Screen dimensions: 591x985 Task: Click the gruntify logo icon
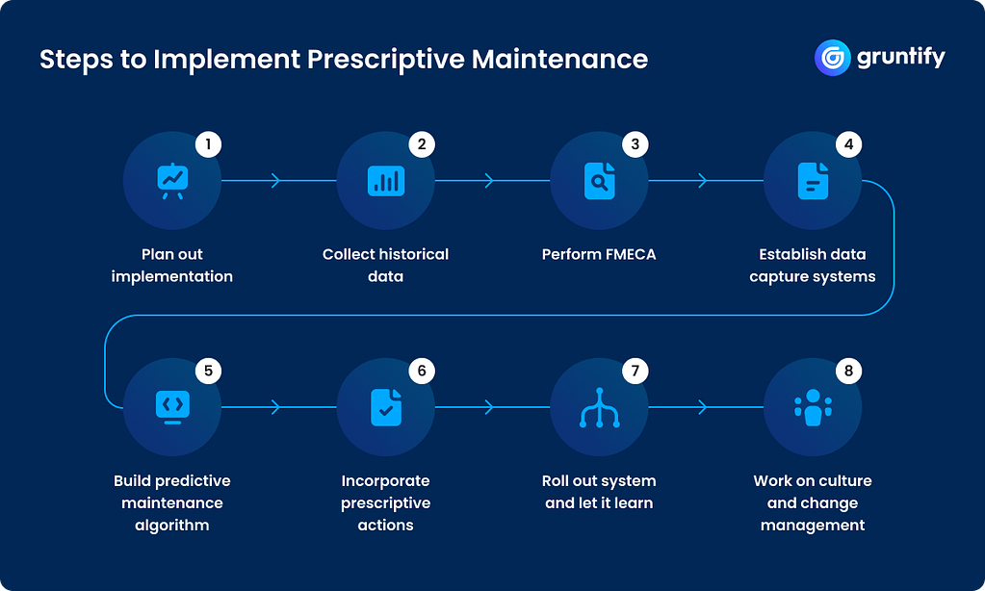pyautogui.click(x=832, y=58)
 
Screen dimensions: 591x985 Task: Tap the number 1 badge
pyautogui.click(x=208, y=145)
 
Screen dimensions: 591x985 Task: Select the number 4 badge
pyautogui.click(x=848, y=145)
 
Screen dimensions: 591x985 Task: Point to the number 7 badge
pyautogui.click(x=635, y=372)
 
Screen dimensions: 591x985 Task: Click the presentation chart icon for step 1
pyautogui.click(x=172, y=181)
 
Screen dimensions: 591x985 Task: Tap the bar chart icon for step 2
pyautogui.click(x=386, y=181)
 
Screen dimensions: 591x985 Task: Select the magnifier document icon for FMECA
pyautogui.click(x=599, y=181)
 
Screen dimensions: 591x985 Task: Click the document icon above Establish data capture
pyautogui.click(x=813, y=181)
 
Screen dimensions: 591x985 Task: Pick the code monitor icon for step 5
pyautogui.click(x=172, y=407)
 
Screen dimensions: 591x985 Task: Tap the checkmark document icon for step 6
pyautogui.click(x=386, y=407)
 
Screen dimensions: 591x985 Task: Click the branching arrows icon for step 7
pyautogui.click(x=599, y=407)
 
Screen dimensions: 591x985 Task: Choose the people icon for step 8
pyautogui.click(x=813, y=407)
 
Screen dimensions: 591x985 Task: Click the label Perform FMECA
pyautogui.click(x=599, y=255)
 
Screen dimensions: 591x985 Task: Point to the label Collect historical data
pyautogui.click(x=385, y=266)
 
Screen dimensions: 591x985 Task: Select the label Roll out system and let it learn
pyautogui.click(x=599, y=492)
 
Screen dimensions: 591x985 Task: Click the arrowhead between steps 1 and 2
pyautogui.click(x=276, y=181)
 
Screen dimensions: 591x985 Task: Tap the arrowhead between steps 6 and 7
pyautogui.click(x=489, y=407)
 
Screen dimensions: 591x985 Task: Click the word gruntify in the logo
pyautogui.click(x=900, y=58)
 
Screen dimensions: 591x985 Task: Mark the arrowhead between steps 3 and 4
pyautogui.click(x=703, y=181)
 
